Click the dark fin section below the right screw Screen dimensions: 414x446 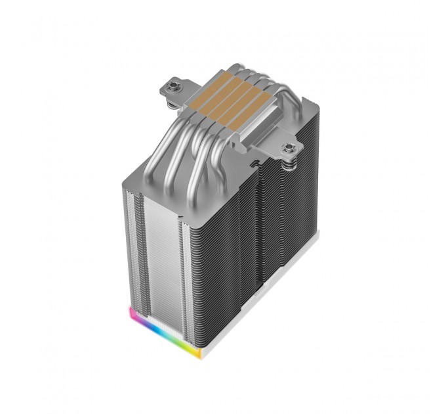coord(295,230)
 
